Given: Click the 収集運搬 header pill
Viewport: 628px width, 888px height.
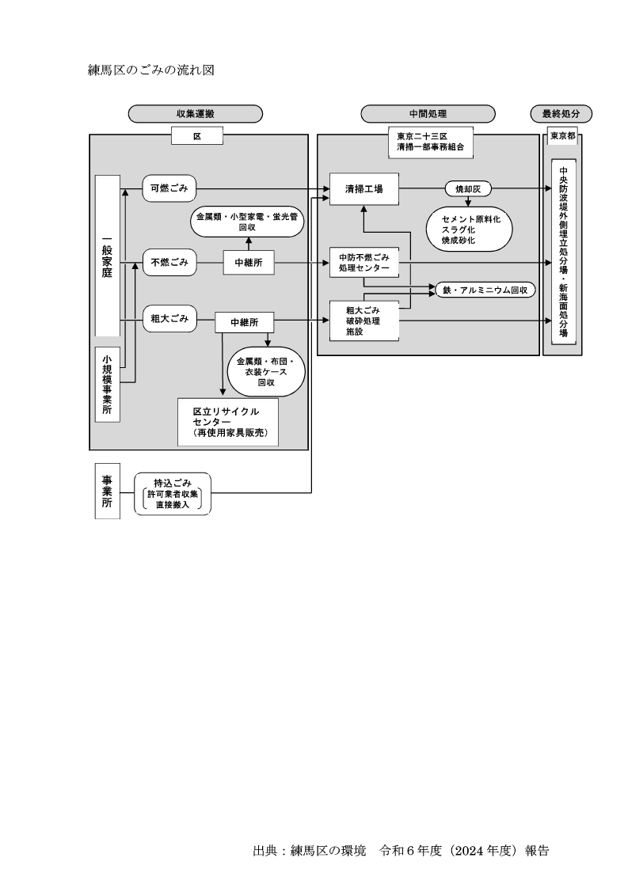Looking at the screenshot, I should [x=195, y=114].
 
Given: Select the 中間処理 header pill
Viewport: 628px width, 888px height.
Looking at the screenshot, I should [x=428, y=114].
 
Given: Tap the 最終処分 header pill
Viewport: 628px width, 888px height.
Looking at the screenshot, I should [x=561, y=114].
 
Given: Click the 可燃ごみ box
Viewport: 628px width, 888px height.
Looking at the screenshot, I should [x=169, y=188].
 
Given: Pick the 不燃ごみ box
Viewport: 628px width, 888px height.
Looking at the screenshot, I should [x=169, y=263].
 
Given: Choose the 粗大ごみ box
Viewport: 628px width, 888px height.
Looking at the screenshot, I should [x=169, y=319].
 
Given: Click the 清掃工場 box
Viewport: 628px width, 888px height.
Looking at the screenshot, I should [x=363, y=189].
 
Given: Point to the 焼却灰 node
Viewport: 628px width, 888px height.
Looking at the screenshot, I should [x=468, y=189].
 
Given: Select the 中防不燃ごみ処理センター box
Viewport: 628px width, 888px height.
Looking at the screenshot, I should [x=363, y=263].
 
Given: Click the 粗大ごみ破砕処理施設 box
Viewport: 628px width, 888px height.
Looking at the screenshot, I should [x=363, y=321].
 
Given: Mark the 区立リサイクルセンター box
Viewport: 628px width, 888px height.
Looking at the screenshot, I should [x=228, y=423].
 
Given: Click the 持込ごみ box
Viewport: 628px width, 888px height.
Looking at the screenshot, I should [x=173, y=494].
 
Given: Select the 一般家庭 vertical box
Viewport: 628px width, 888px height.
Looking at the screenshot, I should [x=107, y=256].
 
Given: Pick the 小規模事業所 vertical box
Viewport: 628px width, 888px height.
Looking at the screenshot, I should [x=107, y=384].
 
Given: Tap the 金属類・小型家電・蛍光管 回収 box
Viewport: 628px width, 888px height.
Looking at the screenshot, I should [x=248, y=220].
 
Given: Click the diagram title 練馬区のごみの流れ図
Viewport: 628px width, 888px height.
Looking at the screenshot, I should [x=151, y=70].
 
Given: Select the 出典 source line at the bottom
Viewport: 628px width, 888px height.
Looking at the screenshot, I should [x=401, y=852].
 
